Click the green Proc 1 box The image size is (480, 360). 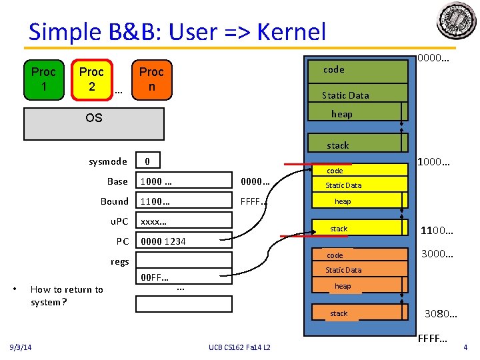coord(44,79)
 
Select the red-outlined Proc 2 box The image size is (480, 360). coord(91,79)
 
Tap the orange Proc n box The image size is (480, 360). coord(151,79)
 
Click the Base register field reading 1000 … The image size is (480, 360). coord(184,181)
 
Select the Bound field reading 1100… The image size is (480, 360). coord(184,201)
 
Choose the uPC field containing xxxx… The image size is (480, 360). coord(184,222)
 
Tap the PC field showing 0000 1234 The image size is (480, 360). coord(184,241)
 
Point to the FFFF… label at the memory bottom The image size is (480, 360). coord(433,339)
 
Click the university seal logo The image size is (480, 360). coord(457,22)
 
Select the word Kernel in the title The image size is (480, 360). coord(291,31)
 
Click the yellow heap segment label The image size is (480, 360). coord(343,201)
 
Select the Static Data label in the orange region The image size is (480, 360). coord(343,270)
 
